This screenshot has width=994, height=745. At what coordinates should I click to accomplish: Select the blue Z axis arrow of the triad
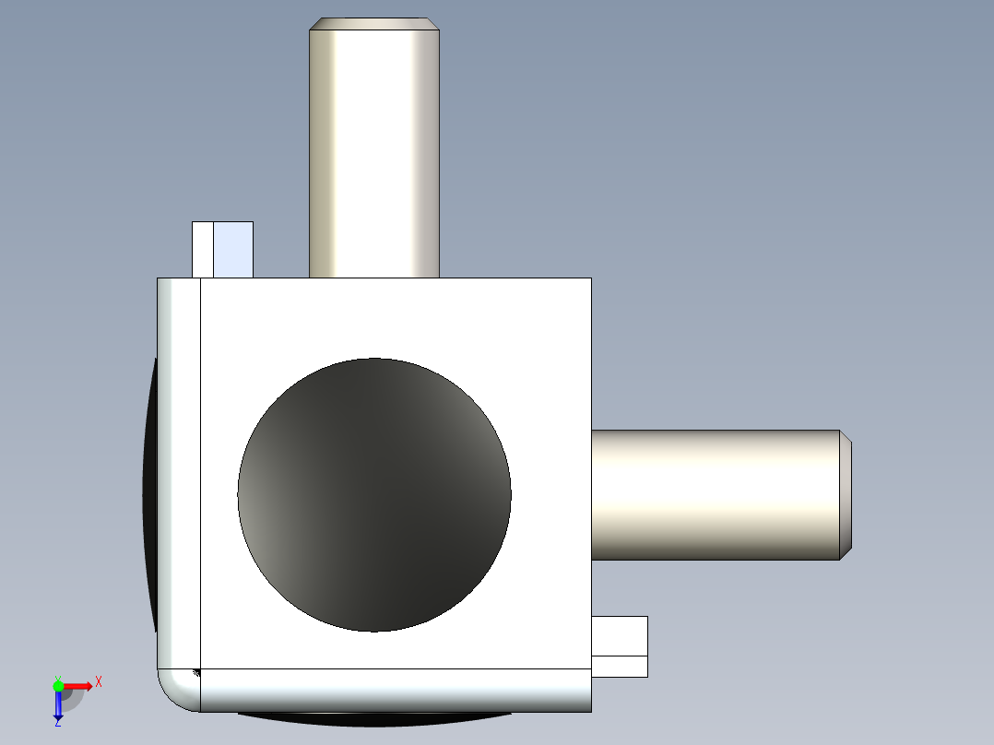(58, 705)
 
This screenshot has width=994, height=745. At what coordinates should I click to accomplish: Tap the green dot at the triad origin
(58, 685)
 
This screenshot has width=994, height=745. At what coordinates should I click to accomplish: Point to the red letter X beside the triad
(98, 682)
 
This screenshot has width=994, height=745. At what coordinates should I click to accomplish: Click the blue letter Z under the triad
(57, 723)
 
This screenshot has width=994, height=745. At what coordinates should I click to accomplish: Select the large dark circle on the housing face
(373, 495)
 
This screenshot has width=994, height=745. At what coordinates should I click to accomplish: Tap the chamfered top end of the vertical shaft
(373, 24)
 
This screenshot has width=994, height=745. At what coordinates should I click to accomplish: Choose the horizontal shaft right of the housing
(715, 495)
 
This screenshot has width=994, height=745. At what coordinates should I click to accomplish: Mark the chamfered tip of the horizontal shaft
(846, 495)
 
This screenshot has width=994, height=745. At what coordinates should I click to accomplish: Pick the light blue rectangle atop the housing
(232, 249)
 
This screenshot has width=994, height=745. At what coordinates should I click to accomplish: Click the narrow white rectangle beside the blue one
(202, 249)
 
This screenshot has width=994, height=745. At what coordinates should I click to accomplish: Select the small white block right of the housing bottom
(619, 635)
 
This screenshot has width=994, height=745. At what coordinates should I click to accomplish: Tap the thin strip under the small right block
(619, 667)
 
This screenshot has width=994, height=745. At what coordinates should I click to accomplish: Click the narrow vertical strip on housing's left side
(179, 470)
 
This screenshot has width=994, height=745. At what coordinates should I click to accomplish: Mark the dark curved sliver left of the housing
(149, 498)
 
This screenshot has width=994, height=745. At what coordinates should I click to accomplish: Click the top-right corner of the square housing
(590, 278)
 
